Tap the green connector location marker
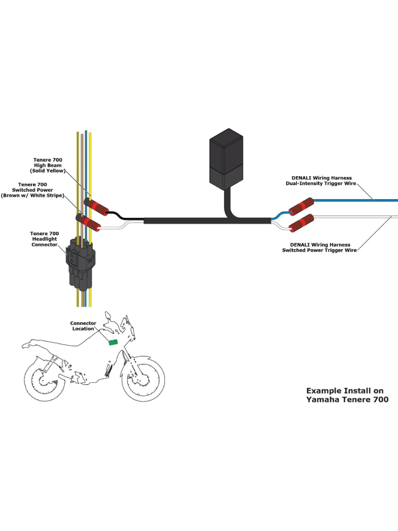click(113, 342)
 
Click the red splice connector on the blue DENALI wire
click(300, 206)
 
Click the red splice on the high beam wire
click(96, 205)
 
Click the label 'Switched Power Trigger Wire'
click(319, 250)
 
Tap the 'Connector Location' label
click(83, 326)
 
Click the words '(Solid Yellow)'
click(48, 171)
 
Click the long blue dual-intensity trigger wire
click(356, 200)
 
